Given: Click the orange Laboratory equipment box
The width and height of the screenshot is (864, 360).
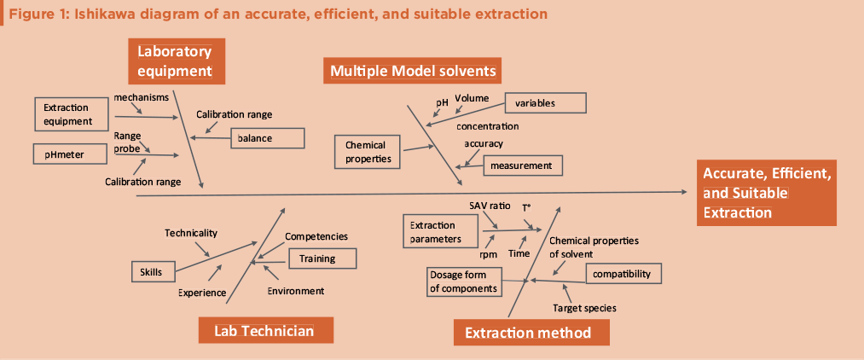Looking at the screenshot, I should tap(176, 61).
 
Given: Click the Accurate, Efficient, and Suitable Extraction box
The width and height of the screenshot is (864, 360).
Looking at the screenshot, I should tap(766, 193).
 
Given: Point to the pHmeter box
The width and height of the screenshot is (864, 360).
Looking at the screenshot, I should tap(72, 154).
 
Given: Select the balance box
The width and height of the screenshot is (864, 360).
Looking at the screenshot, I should tap(267, 137).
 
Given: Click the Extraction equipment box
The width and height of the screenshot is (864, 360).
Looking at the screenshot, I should tap(72, 114).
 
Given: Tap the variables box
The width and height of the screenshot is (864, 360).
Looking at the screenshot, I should tap(545, 103).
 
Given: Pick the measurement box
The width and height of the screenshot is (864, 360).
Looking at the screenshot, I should tap(523, 165).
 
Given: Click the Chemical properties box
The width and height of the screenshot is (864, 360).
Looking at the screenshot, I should tap(367, 152).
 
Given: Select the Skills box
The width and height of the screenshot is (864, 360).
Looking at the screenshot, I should tap(152, 271).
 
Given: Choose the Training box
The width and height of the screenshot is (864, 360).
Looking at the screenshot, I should tap(322, 258).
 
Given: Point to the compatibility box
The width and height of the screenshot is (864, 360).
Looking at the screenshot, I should tap(622, 274).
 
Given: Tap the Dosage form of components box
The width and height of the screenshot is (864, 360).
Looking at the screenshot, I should tap(464, 282).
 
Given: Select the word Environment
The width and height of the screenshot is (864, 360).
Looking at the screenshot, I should tap(295, 291).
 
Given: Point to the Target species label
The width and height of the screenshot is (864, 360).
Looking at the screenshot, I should tap(584, 307).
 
